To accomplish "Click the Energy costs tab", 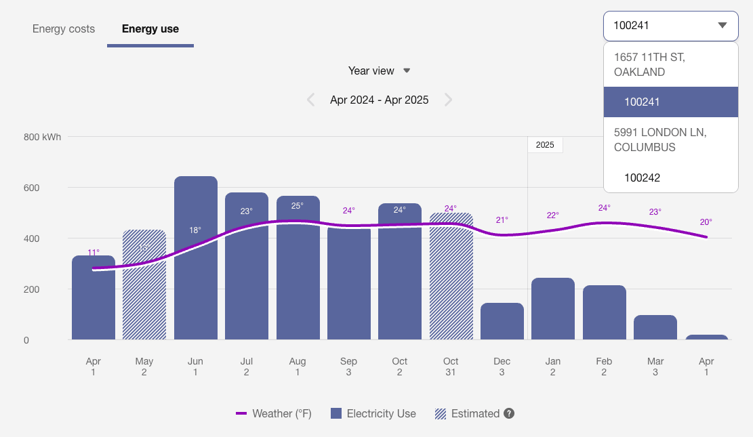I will point(64,29).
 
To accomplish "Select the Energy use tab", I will point(150,29).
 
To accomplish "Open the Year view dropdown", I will point(379,70).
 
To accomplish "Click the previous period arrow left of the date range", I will point(311,100).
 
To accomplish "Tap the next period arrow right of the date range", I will point(448,100).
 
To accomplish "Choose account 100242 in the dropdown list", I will point(642,178).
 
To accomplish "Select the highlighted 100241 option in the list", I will point(642,102).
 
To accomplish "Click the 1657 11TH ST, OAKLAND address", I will point(649,64).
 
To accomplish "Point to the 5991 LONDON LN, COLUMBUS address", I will point(659,140).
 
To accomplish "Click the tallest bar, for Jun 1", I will point(196,271).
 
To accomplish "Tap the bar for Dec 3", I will point(502,322).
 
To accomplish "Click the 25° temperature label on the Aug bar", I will point(298,205).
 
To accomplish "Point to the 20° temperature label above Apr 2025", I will point(706,222).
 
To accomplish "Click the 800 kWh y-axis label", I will point(42,137).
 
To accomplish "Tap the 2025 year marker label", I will point(545,145).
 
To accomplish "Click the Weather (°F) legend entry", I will point(274,413).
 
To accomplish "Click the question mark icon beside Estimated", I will point(508,413).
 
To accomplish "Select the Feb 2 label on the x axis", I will point(604,367).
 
